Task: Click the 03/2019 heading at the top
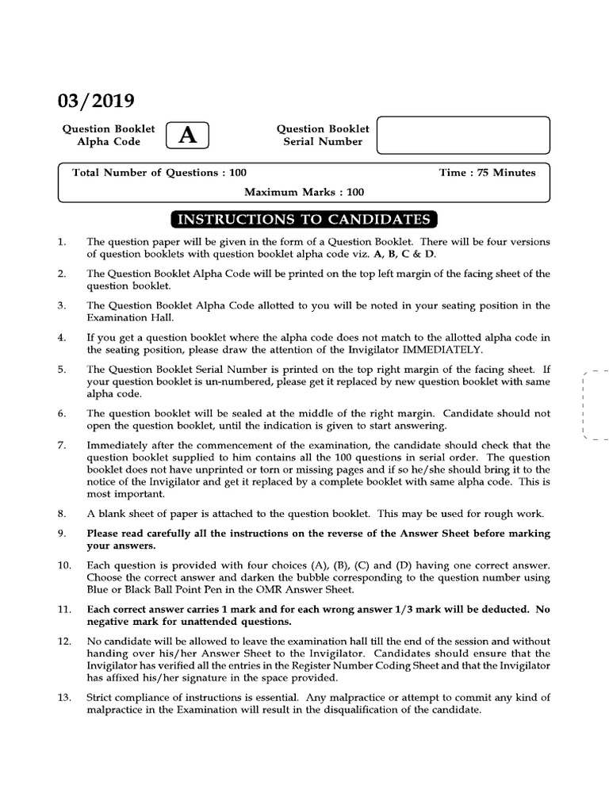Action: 96,101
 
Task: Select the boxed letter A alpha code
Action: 187,136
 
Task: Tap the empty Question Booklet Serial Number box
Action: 462,135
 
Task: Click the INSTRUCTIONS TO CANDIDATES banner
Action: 304,220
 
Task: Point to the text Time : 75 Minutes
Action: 487,173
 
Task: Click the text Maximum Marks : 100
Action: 304,192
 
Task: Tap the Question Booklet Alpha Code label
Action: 109,135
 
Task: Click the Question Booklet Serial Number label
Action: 323,135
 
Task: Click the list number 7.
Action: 62,445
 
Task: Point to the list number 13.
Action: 64,698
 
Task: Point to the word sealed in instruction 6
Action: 222,413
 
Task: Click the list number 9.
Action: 62,534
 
